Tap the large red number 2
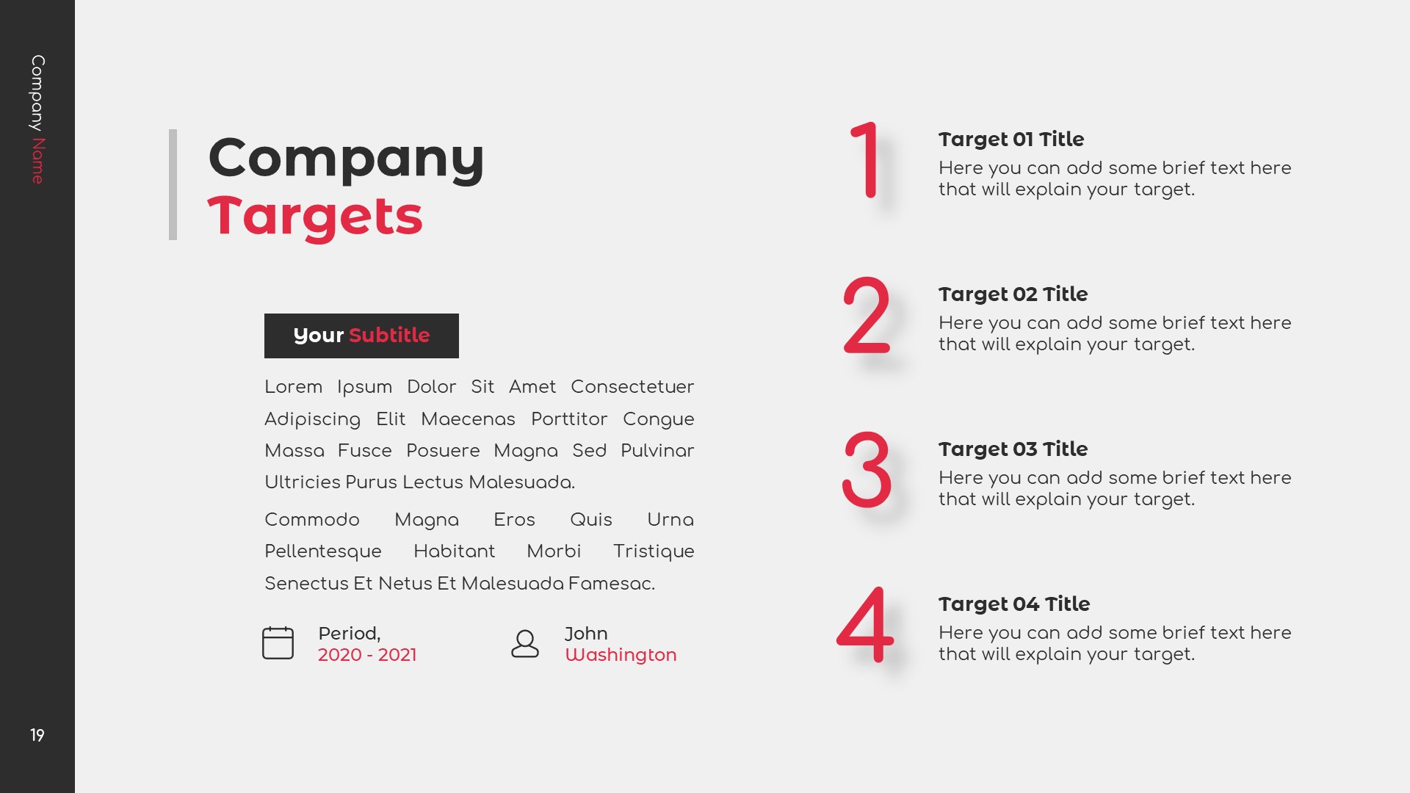click(x=867, y=315)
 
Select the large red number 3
click(x=867, y=470)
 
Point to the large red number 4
click(x=866, y=625)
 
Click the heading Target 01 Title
click(x=1010, y=140)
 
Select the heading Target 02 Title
click(x=1013, y=294)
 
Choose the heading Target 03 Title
click(x=1013, y=449)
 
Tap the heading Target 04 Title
click(x=1013, y=604)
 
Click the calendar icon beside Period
click(x=278, y=643)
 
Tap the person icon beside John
click(x=524, y=644)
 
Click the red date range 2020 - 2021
click(x=367, y=655)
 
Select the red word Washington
click(x=621, y=655)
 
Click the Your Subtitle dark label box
click(x=361, y=336)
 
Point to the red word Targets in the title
click(x=315, y=217)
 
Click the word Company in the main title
click(x=346, y=158)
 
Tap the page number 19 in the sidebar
click(x=37, y=735)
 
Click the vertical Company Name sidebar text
click(x=37, y=119)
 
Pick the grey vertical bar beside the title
click(x=173, y=184)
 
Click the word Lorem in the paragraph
click(x=293, y=387)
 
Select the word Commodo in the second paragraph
click(x=311, y=520)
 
